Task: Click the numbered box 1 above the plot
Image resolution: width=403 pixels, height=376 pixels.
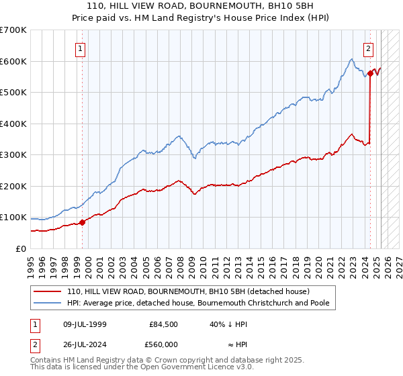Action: (x=80, y=48)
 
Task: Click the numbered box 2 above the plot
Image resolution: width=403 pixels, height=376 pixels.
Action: (x=369, y=48)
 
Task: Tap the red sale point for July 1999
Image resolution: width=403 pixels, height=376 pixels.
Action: (x=83, y=222)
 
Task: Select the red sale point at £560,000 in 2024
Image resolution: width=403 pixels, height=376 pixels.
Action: (x=370, y=73)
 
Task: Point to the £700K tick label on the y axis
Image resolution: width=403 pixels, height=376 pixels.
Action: (x=13, y=30)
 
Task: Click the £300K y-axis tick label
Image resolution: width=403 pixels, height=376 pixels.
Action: (x=13, y=155)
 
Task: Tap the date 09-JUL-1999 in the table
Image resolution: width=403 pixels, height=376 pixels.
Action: (x=83, y=324)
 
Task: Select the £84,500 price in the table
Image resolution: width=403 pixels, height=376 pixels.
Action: (x=164, y=324)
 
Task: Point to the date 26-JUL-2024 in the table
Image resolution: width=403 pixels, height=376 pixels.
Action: (x=83, y=344)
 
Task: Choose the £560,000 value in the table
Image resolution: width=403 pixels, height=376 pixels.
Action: (x=164, y=344)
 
